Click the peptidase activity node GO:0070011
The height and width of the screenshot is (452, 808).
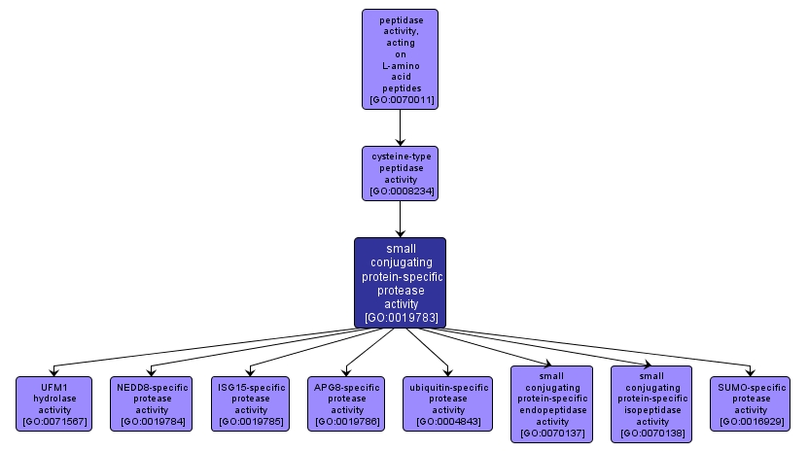pyautogui.click(x=400, y=58)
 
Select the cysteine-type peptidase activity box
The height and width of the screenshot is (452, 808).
pyautogui.click(x=400, y=173)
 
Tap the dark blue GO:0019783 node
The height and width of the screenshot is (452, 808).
pyautogui.click(x=400, y=282)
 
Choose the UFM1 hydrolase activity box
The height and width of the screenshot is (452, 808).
pyautogui.click(x=53, y=403)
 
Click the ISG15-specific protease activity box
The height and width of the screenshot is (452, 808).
pyautogui.click(x=251, y=403)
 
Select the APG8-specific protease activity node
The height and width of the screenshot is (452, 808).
pyautogui.click(x=348, y=403)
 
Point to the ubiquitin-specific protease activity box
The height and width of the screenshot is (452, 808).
pyautogui.click(x=448, y=403)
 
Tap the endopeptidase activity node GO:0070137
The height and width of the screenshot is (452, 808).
pyautogui.click(x=552, y=403)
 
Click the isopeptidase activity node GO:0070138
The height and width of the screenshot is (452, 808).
pyautogui.click(x=651, y=403)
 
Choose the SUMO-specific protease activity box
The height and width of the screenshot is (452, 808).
pyautogui.click(x=751, y=403)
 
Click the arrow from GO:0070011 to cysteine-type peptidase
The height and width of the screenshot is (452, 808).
pyautogui.click(x=400, y=126)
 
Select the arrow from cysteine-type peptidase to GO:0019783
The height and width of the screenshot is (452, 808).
pyautogui.click(x=400, y=219)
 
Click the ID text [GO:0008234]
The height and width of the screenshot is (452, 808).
pyautogui.click(x=400, y=191)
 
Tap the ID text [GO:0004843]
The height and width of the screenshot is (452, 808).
pyautogui.click(x=448, y=422)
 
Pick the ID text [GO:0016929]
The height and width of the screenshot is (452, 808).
pyautogui.click(x=751, y=422)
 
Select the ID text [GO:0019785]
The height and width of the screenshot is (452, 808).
pyautogui.click(x=251, y=422)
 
